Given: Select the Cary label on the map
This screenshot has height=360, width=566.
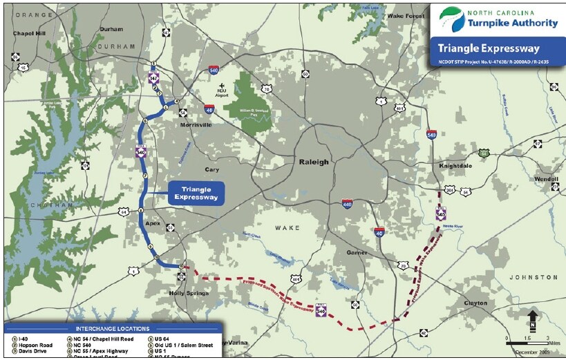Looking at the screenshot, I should pos(211,169).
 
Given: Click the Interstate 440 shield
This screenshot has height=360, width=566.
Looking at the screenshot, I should pos(347,204).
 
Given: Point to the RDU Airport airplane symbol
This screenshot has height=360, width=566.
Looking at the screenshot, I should pos(221,86).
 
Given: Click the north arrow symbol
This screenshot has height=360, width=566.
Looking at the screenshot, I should pos(533,320).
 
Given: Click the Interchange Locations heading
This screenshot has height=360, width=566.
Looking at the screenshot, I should pos(111,329).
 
